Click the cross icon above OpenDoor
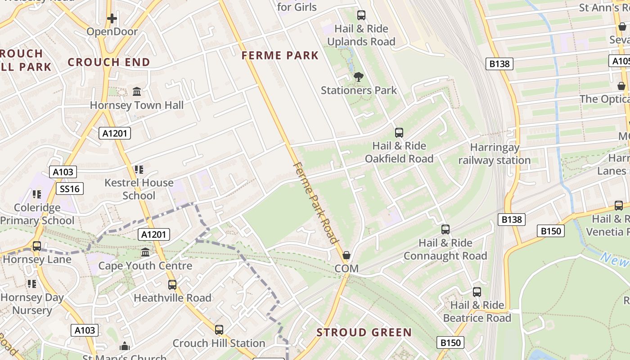pyautogui.click(x=112, y=18)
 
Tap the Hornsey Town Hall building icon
pyautogui.click(x=137, y=92)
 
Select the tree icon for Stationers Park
pyautogui.click(x=359, y=77)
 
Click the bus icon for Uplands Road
pyautogui.click(x=361, y=15)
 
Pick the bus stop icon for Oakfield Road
pyautogui.click(x=399, y=132)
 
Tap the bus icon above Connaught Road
pyautogui.click(x=445, y=229)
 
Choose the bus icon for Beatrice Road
pyautogui.click(x=477, y=292)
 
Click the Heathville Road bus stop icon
pyautogui.click(x=172, y=284)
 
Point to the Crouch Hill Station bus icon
pyautogui.click(x=219, y=330)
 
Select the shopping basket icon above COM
pyautogui.click(x=346, y=255)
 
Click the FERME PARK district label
pyautogui.click(x=280, y=56)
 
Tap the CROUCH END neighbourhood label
pyautogui.click(x=109, y=63)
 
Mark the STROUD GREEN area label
pyautogui.click(x=364, y=333)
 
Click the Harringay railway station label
pyautogui.click(x=495, y=154)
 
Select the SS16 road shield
pyautogui.click(x=70, y=189)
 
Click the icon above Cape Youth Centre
pyautogui.click(x=145, y=252)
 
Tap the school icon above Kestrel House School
pyautogui.click(x=139, y=169)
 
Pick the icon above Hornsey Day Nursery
pyautogui.click(x=31, y=283)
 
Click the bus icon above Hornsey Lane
pyautogui.click(x=37, y=246)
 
